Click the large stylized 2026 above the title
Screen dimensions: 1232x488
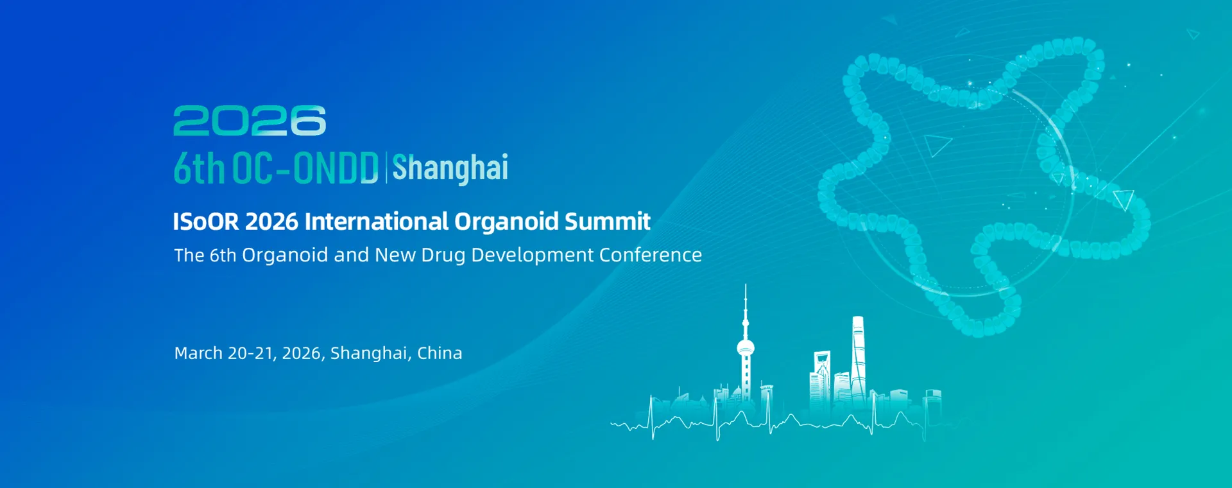click(250, 121)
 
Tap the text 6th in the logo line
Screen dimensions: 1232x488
click(199, 168)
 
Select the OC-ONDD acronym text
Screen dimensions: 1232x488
click(305, 168)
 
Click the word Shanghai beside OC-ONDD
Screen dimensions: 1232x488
click(450, 168)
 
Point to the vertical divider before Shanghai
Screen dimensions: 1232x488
click(386, 168)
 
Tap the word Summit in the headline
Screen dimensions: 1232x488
click(607, 222)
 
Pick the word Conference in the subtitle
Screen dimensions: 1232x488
click(651, 255)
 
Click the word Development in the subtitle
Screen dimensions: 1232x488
click(533, 256)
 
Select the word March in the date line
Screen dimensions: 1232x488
click(198, 353)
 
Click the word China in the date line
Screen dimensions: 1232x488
click(440, 353)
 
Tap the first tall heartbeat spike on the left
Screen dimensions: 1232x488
click(652, 417)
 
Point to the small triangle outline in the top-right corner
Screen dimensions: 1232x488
click(1193, 34)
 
